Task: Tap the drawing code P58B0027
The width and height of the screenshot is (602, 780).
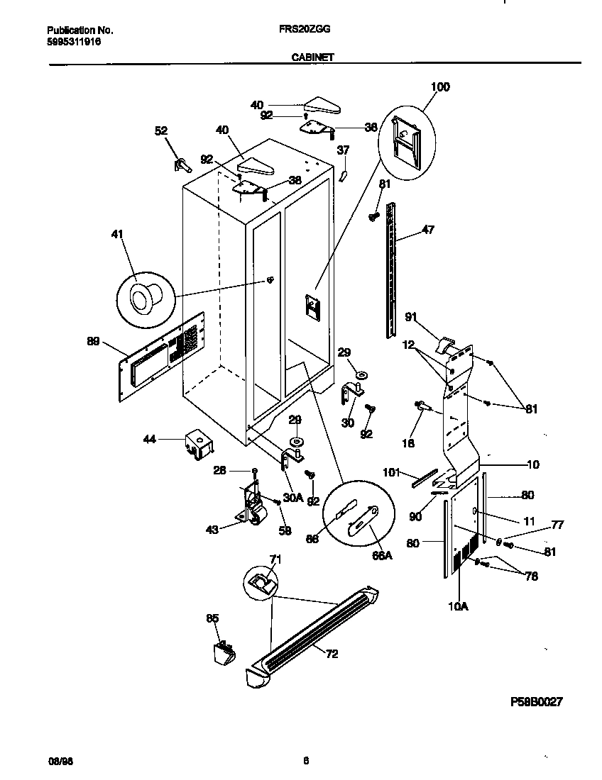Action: click(537, 702)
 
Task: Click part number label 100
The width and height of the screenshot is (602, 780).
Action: click(440, 87)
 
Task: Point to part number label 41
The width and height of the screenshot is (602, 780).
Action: click(117, 233)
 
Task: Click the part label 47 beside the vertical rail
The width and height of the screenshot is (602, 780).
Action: click(428, 230)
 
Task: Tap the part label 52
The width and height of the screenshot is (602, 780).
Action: click(161, 130)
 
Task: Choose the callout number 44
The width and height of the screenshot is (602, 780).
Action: click(149, 440)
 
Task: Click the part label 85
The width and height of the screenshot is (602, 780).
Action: click(212, 618)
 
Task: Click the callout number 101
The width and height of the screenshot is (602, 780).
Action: click(392, 471)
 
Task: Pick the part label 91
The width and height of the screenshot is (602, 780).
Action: click(410, 317)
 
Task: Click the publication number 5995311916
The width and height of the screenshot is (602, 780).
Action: click(74, 42)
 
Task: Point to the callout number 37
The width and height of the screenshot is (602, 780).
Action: click(343, 150)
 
